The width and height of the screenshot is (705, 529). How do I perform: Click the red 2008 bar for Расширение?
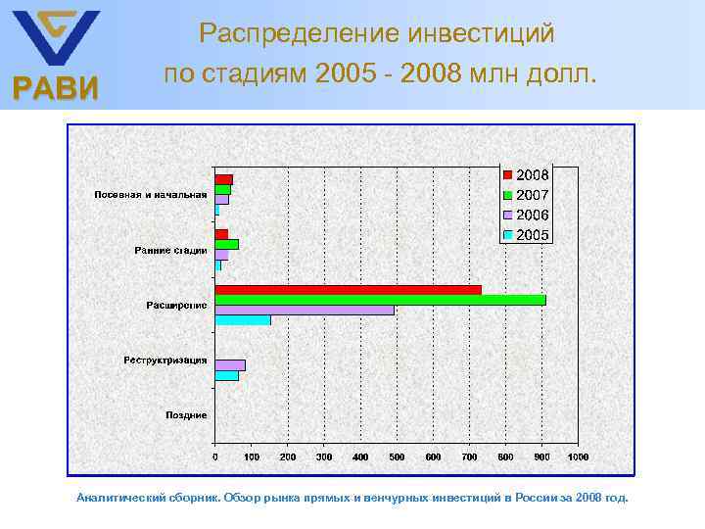coord(348,290)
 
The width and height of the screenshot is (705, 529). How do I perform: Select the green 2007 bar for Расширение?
coord(380,300)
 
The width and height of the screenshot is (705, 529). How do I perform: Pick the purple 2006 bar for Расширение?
coord(305,310)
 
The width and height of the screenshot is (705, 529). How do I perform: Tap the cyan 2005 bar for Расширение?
coord(243,320)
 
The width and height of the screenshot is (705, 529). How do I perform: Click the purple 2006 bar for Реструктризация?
coord(230,365)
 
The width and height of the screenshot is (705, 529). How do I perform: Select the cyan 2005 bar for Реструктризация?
coord(227,375)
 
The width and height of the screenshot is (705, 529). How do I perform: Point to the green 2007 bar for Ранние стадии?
coord(226,244)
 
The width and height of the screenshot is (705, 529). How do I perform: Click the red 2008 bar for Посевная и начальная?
coord(223,179)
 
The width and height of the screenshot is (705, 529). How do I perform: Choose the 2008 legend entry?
coord(526,174)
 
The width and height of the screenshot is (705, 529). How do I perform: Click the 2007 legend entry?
coord(526,195)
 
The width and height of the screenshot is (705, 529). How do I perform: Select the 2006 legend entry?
coord(526,215)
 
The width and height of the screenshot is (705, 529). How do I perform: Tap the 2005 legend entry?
coord(526,235)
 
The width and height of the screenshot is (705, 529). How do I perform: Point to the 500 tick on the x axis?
coord(396,457)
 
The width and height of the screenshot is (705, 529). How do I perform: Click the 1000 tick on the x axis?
coord(577,457)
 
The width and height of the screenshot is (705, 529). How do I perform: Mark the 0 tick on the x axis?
coord(215,457)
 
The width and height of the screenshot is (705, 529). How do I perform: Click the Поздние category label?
coord(185,415)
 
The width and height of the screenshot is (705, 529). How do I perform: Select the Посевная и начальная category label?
coord(150,195)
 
